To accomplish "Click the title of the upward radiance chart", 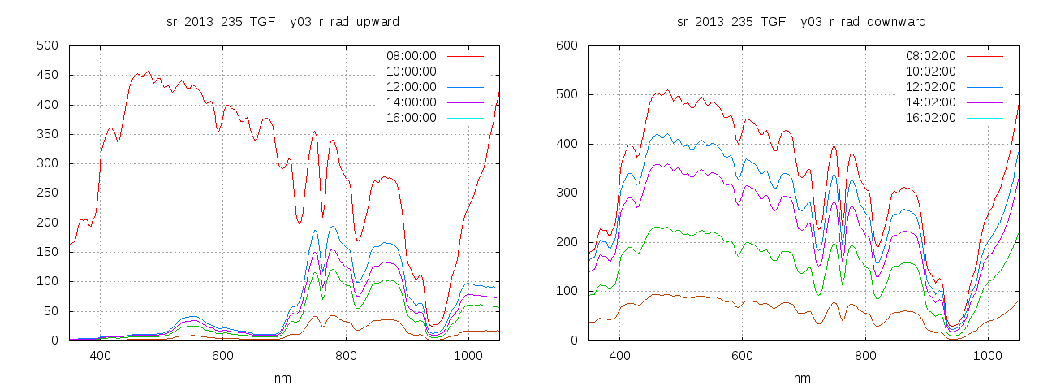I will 282,21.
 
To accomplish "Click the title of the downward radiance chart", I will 801,21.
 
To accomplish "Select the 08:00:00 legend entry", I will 411,56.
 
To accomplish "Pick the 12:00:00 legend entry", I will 411,87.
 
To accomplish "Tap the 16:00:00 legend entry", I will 411,118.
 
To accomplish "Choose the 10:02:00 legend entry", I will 930,71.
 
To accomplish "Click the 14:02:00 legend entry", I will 930,102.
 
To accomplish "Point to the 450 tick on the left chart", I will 47,76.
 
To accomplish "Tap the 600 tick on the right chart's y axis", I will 567,45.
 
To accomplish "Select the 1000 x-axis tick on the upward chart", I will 468,356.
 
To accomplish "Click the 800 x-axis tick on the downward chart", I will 865,356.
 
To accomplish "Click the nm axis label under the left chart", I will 282,378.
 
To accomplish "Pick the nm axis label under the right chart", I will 801,378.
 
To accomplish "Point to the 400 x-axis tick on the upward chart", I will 101,356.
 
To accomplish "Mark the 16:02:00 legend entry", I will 930,118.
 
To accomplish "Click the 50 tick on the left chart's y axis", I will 50,311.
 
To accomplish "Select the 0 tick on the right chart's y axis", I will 573,340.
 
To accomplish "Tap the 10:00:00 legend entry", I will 411,71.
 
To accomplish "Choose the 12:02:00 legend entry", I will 930,87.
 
